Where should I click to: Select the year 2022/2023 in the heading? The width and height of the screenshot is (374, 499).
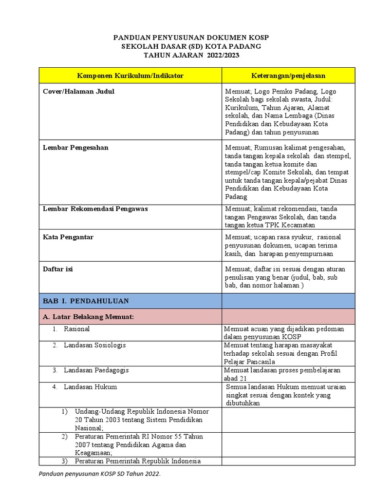coord(223,56)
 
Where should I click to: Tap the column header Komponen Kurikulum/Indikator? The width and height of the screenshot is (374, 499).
coord(130,76)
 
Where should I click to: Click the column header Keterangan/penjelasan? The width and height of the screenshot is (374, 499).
coord(288,76)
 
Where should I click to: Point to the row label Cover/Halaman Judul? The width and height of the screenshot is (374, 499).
coord(78,91)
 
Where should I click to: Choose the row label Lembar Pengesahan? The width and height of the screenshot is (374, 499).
coord(75,148)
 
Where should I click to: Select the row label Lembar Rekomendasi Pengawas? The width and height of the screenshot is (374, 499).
coord(95,209)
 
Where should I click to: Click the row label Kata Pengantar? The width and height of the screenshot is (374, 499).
coord(68,237)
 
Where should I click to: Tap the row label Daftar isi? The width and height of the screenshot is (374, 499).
coord(58,269)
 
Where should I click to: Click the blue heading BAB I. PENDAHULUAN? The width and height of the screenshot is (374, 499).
coord(86,301)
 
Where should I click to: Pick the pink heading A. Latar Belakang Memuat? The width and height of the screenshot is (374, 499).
coord(88,317)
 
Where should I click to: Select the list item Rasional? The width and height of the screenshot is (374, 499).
coord(76,329)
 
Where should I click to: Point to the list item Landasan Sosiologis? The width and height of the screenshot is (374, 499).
coord(94,345)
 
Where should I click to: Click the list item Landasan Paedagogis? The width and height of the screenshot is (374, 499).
coord(96,370)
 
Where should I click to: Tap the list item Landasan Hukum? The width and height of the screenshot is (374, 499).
coord(90,387)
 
